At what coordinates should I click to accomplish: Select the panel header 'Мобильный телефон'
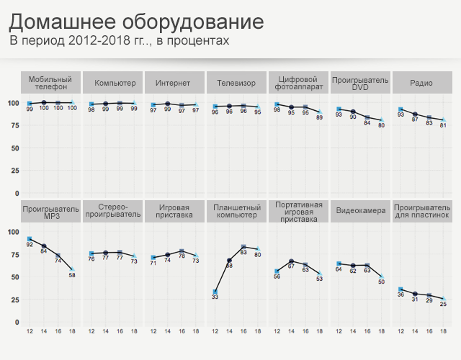(x=50, y=83)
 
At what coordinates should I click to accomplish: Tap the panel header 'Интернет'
(x=173, y=83)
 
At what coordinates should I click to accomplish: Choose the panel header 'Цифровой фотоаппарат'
(x=297, y=83)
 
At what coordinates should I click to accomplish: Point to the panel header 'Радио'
(x=421, y=83)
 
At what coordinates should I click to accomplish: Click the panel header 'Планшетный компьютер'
(x=235, y=212)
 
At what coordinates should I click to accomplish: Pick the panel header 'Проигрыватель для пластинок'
(x=421, y=212)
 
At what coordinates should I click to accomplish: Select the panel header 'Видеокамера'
(x=359, y=212)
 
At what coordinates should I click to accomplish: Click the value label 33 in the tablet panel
(x=215, y=297)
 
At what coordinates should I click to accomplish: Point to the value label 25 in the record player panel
(x=444, y=304)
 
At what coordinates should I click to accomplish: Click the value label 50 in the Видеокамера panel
(x=382, y=282)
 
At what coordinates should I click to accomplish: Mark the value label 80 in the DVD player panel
(x=382, y=125)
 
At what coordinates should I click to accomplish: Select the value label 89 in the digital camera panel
(x=320, y=117)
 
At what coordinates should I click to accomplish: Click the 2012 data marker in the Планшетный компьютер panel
(x=215, y=292)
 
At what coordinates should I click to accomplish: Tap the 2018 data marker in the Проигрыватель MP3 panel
(x=72, y=270)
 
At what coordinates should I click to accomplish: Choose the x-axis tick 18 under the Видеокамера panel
(x=382, y=332)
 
